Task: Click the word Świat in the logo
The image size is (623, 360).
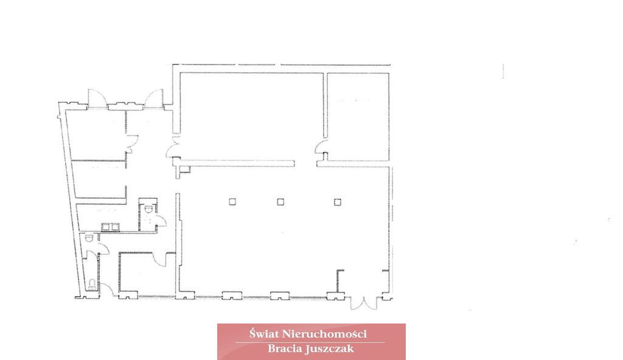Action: pyautogui.click(x=264, y=334)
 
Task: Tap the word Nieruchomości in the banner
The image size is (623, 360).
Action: pyautogui.click(x=324, y=334)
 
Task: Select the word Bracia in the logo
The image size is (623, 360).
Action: pyautogui.click(x=285, y=349)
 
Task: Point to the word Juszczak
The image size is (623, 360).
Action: pyautogui.click(x=330, y=349)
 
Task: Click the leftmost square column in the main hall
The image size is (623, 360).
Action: pyautogui.click(x=232, y=202)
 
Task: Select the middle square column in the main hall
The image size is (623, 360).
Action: pyautogui.click(x=280, y=202)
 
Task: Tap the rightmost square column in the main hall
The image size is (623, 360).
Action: pyautogui.click(x=337, y=202)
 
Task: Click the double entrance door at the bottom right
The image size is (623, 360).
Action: pyautogui.click(x=364, y=303)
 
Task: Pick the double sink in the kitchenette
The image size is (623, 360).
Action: pyautogui.click(x=111, y=227)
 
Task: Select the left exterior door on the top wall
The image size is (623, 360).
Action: pyautogui.click(x=97, y=98)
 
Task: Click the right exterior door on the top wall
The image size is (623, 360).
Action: pyautogui.click(x=154, y=98)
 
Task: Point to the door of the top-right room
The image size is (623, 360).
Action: pyautogui.click(x=321, y=149)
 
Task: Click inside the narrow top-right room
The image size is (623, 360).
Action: pyautogui.click(x=358, y=117)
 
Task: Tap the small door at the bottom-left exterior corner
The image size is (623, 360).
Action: pyautogui.click(x=106, y=289)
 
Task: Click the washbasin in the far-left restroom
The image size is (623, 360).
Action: pyautogui.click(x=89, y=238)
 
